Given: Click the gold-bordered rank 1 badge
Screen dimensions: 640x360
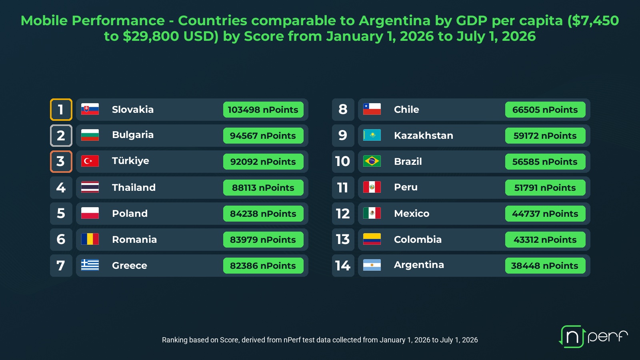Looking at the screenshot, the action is point(61,110).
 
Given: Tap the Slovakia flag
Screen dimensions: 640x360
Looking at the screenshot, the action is point(90,109).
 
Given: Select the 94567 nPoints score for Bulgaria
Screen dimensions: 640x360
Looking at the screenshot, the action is point(263,136).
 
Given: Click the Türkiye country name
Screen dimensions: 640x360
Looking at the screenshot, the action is point(130,161).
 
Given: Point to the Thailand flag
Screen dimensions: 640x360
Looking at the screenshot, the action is point(90,187).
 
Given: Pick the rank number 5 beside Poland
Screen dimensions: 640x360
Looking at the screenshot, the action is point(61,214).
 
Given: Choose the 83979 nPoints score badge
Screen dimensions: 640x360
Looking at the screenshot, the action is point(263,240).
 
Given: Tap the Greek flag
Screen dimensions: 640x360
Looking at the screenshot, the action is point(90,265).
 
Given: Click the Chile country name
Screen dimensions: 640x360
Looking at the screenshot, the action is point(406,110).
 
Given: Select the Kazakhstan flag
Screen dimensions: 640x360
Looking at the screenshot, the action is point(372,135).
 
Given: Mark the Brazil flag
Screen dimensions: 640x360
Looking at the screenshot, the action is point(372,161).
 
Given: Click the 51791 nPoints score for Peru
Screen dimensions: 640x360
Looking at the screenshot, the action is point(545,188).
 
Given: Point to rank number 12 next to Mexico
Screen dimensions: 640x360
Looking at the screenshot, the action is point(343,214).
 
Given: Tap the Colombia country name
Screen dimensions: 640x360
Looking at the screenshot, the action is point(418,240).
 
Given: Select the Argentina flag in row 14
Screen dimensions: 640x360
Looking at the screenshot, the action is point(372,265).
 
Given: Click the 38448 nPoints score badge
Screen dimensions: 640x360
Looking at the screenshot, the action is point(545,266).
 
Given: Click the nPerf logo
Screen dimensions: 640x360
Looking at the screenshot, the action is point(593,336).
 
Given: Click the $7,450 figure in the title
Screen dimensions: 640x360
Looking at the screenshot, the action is point(593,21).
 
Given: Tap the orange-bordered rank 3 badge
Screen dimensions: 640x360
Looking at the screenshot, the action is point(61,162).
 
